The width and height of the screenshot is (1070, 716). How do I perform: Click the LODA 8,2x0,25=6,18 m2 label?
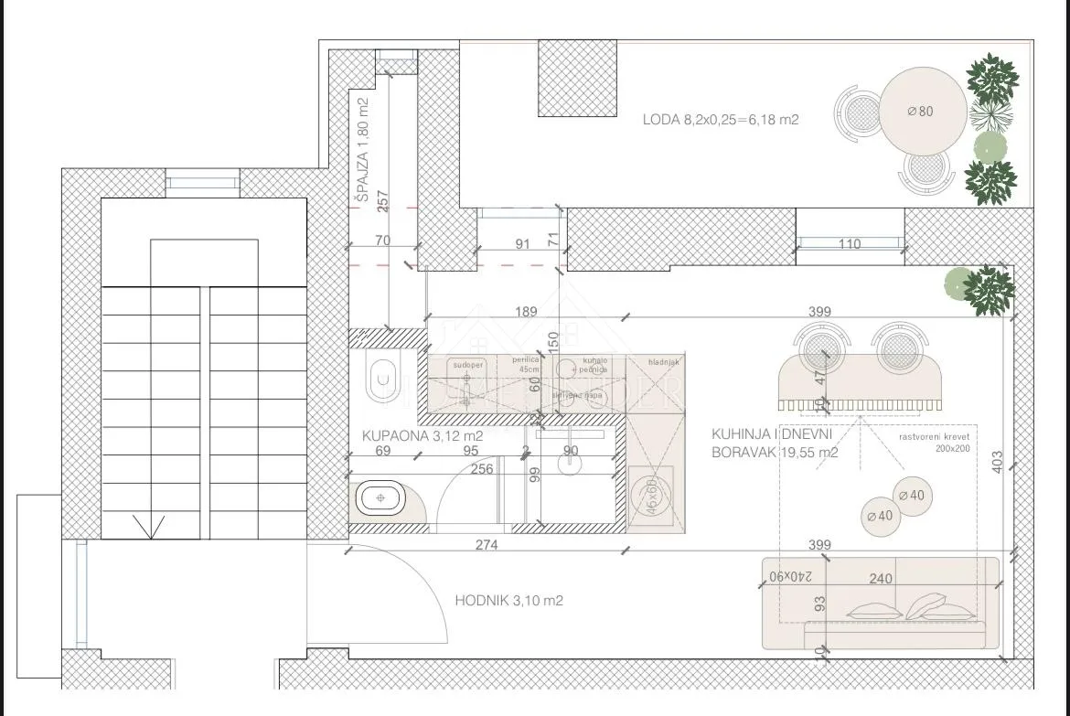(722, 119)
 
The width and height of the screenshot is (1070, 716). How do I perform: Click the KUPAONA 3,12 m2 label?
(422, 436)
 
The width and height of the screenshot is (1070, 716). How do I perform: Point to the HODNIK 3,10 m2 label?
(508, 601)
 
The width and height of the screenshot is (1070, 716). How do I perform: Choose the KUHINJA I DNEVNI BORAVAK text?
(774, 443)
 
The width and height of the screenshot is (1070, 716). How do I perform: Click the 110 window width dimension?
(850, 244)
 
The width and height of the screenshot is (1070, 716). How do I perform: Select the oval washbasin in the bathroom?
(379, 499)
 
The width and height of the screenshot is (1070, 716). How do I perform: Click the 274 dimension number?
(486, 545)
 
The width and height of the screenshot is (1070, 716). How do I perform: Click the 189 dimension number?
(525, 312)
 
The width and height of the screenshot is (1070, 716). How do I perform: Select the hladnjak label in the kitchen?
(663, 362)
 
